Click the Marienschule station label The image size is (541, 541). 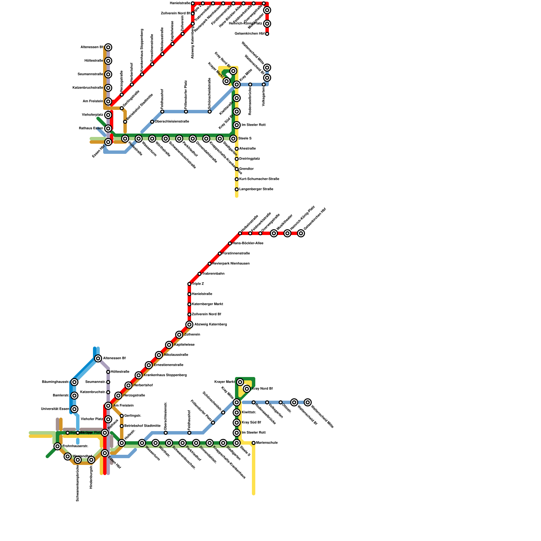[267, 443]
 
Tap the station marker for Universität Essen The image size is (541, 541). [74, 409]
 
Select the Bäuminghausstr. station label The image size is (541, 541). [55, 382]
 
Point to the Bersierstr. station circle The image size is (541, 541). [74, 396]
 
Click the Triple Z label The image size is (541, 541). [198, 284]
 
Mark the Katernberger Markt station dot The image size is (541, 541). [189, 304]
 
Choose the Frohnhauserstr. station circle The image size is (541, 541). [57, 446]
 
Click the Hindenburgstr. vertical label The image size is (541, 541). [91, 476]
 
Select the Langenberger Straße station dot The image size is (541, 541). [237, 189]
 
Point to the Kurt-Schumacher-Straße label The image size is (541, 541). [259, 179]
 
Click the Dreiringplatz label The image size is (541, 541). [249, 159]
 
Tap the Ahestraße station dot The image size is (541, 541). [237, 149]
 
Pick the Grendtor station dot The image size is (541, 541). [237, 169]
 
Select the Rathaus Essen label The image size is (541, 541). [91, 128]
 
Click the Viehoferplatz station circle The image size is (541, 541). [108, 115]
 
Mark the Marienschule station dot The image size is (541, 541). [254, 443]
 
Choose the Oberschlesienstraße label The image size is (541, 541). [172, 121]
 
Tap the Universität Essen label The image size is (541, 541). [55, 409]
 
